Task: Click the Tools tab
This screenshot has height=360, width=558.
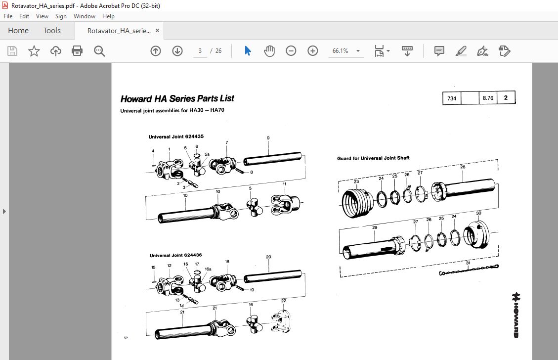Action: (52, 31)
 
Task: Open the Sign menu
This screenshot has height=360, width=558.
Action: (61, 16)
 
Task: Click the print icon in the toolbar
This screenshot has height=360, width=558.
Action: (77, 51)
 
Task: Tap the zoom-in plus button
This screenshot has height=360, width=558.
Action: (312, 51)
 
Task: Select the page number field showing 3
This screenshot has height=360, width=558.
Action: (200, 51)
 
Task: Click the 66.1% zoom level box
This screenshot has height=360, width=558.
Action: (341, 51)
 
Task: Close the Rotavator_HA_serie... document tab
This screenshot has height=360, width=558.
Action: (158, 31)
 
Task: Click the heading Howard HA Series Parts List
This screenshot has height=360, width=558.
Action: (177, 98)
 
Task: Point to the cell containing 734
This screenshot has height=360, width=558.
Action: (451, 98)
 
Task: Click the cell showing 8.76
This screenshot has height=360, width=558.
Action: (488, 98)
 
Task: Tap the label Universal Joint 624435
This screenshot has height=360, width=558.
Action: (176, 136)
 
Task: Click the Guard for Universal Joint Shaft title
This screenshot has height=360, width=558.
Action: (373, 158)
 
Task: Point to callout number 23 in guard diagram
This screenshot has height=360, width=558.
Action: (356, 181)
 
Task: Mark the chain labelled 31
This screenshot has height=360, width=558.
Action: (468, 271)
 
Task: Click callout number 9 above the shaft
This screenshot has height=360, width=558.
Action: (268, 138)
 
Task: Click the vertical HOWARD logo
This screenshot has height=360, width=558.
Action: (515, 315)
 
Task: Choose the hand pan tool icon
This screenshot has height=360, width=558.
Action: (269, 51)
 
